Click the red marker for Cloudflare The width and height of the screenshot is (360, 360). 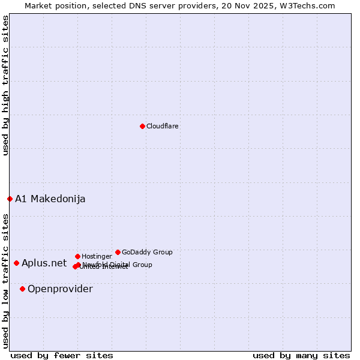click(142, 126)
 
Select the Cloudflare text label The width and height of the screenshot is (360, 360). click(163, 126)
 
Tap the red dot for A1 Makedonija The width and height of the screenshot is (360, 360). click(10, 199)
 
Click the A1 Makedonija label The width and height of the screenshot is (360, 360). click(50, 199)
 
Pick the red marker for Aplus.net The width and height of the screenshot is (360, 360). click(16, 263)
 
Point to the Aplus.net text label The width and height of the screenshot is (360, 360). click(44, 263)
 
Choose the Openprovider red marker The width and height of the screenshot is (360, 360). click(23, 289)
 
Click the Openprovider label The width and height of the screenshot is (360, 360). click(60, 289)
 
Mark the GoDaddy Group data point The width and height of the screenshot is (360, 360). click(118, 252)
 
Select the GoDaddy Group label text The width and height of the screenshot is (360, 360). click(147, 252)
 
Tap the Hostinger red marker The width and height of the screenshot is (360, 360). click(77, 256)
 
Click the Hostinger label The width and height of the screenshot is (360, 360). click(97, 256)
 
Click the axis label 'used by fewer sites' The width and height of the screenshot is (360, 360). click(62, 355)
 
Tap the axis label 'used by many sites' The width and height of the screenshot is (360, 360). click(301, 355)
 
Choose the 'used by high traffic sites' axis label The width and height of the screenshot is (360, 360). click(5, 85)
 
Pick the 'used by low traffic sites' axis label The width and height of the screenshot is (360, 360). click(5, 280)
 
